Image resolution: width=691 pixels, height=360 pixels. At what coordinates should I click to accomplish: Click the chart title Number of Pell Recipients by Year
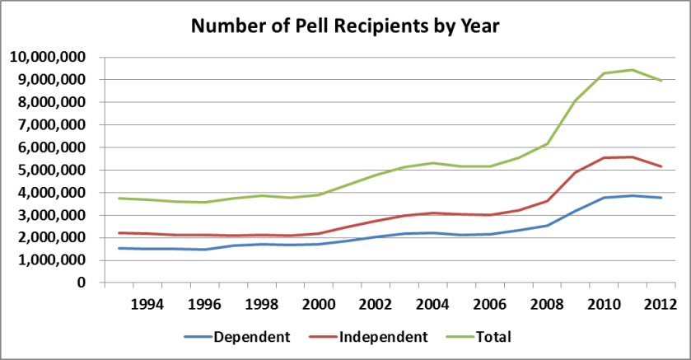click(345, 26)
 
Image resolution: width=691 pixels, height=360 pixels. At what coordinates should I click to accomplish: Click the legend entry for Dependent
click(246, 337)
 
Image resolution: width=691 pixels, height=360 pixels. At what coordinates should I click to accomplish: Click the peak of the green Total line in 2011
click(633, 70)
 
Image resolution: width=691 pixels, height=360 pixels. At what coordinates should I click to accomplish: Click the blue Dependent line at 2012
click(661, 198)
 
